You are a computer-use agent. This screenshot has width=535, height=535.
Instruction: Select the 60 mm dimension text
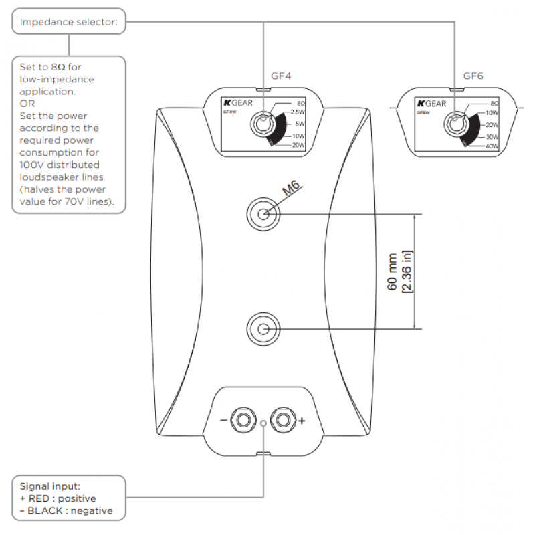point(393,272)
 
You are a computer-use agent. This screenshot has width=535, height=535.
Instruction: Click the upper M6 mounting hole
point(263,214)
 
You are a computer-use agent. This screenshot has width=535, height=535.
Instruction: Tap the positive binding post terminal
point(284,420)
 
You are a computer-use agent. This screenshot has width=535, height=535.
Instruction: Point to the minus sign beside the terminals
point(224,421)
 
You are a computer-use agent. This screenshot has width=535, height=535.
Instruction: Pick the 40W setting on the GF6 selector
point(493,146)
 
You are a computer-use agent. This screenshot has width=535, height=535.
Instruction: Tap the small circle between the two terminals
point(263,423)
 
